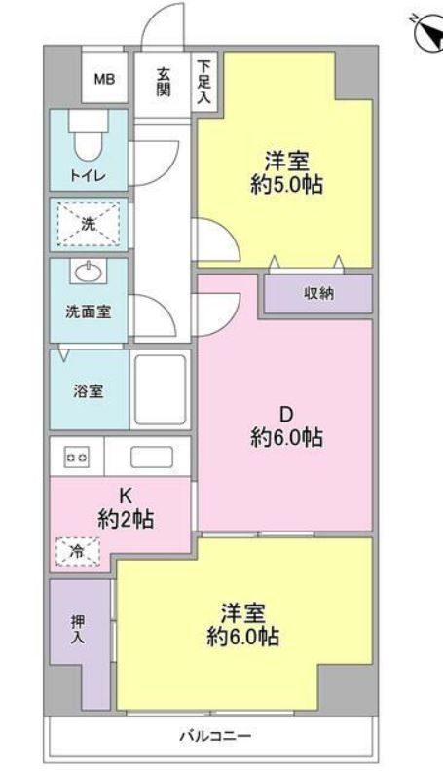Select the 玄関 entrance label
pyautogui.click(x=165, y=81)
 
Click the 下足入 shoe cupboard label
pyautogui.click(x=204, y=80)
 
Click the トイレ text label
pyautogui.click(x=87, y=175)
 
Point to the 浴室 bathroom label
pyautogui.click(x=89, y=391)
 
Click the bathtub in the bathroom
pyautogui.click(x=159, y=390)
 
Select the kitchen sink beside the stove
pyautogui.click(x=151, y=457)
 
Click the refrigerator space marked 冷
pyautogui.click(x=78, y=551)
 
